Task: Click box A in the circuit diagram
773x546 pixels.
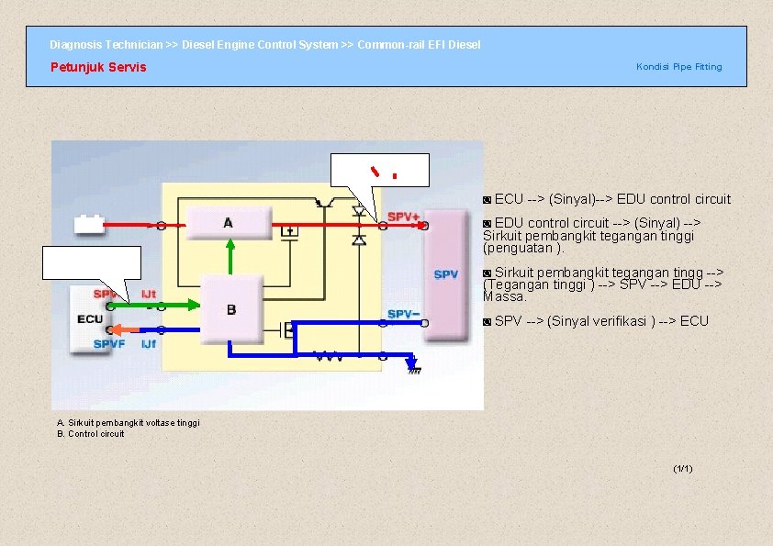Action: click(229, 223)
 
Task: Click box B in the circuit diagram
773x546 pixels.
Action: click(230, 309)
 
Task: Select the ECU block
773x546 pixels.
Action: click(90, 318)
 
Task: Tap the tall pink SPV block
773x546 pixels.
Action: click(446, 274)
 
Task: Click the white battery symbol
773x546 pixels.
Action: click(90, 224)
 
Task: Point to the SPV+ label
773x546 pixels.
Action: click(403, 217)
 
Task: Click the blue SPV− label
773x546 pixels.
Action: click(404, 314)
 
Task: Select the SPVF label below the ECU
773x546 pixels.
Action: click(108, 344)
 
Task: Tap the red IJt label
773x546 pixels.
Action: click(147, 294)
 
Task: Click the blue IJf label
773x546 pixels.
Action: click(148, 344)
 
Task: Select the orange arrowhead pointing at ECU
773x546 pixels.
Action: click(117, 329)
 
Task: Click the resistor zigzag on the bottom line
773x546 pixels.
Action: click(328, 356)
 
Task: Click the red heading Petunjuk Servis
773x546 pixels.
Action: click(98, 67)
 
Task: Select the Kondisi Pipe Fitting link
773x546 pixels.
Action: click(678, 67)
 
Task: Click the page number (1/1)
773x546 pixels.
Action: click(682, 469)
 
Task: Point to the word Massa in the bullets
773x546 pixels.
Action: click(504, 296)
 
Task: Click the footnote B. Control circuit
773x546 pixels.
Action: click(91, 433)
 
